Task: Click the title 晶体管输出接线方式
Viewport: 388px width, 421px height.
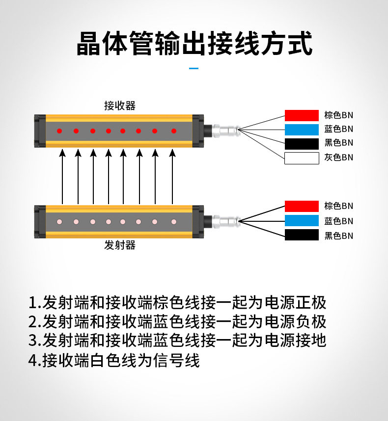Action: (194, 44)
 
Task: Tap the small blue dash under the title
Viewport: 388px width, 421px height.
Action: (194, 69)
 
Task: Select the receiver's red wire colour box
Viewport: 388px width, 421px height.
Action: (302, 115)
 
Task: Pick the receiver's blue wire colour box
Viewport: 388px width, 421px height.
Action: (302, 130)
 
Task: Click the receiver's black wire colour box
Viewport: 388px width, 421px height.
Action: (302, 144)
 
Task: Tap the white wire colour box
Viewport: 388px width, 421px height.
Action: (302, 158)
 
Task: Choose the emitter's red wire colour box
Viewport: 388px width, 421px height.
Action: (302, 206)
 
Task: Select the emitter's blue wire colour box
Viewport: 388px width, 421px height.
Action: (302, 221)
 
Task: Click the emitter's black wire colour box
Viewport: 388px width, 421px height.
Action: (302, 236)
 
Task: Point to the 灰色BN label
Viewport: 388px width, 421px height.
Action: (338, 158)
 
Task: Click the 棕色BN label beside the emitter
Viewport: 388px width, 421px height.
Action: (338, 206)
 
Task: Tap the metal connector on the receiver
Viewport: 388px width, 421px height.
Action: (227, 131)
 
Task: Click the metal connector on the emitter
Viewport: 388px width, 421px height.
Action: (227, 221)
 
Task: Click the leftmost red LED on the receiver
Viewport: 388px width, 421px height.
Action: (59, 131)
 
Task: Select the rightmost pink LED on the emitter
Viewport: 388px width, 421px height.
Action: (173, 222)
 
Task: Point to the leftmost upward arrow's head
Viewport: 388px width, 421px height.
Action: (62, 154)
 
